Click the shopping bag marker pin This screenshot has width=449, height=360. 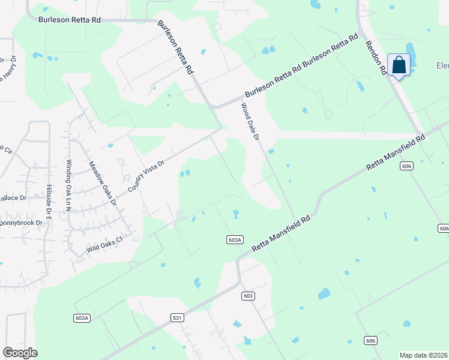pos(399,65)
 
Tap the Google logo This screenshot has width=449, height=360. pos(20,353)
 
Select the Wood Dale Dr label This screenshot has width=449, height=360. pos(249,122)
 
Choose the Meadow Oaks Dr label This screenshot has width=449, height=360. pos(102,184)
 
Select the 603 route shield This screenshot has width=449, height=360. pos(249,296)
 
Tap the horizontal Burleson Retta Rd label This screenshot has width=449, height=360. pos(70,20)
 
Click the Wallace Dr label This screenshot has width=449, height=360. pos(14,197)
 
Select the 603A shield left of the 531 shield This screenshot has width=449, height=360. pos(83,318)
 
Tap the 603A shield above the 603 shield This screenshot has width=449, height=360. pos(235,239)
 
